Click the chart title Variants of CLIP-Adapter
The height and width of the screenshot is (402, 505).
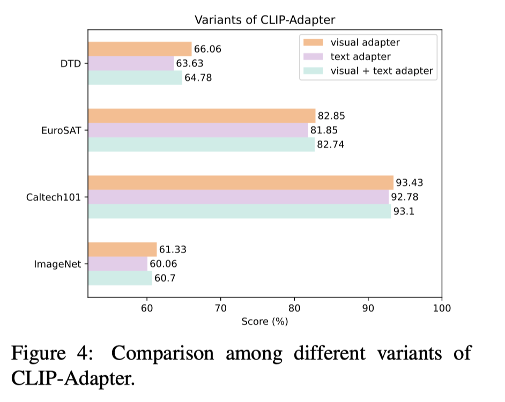pos(264,20)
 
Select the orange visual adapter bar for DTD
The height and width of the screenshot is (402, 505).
pos(139,49)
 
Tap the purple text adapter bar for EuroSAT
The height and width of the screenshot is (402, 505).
pos(198,130)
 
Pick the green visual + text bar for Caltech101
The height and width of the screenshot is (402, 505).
pos(239,211)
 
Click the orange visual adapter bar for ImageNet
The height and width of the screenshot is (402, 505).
pos(122,249)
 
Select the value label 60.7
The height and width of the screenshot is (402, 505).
pos(166,278)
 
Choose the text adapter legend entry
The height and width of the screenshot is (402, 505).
pos(360,56)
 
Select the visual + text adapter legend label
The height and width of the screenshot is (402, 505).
pos(382,71)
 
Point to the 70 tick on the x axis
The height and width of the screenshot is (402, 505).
pos(220,308)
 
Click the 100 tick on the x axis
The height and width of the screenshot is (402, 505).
pos(441,308)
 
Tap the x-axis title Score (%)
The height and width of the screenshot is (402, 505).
pos(264,322)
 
